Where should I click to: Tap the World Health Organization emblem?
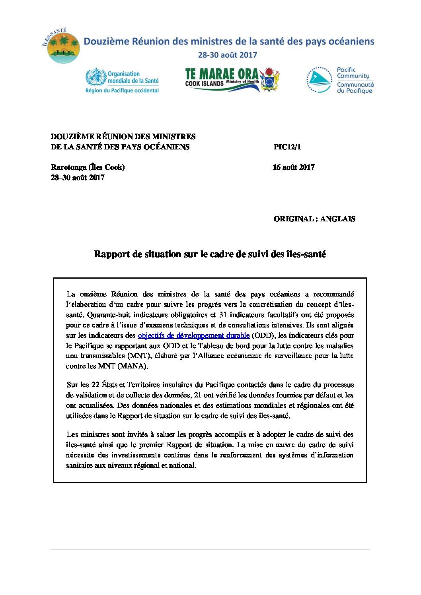(x=96, y=77)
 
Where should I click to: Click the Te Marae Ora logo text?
(x=222, y=75)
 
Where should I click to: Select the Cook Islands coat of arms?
(x=270, y=80)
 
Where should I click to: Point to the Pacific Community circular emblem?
(x=319, y=80)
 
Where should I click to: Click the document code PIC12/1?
(x=287, y=147)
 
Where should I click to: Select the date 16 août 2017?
(x=294, y=167)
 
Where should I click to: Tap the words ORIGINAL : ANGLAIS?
(x=314, y=219)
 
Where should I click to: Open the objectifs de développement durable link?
(x=193, y=335)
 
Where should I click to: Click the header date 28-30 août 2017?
(x=227, y=55)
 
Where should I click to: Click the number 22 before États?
(x=95, y=385)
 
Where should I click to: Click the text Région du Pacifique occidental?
(x=122, y=91)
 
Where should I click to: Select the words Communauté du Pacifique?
(x=355, y=87)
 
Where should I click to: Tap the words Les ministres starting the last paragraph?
(x=88, y=434)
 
